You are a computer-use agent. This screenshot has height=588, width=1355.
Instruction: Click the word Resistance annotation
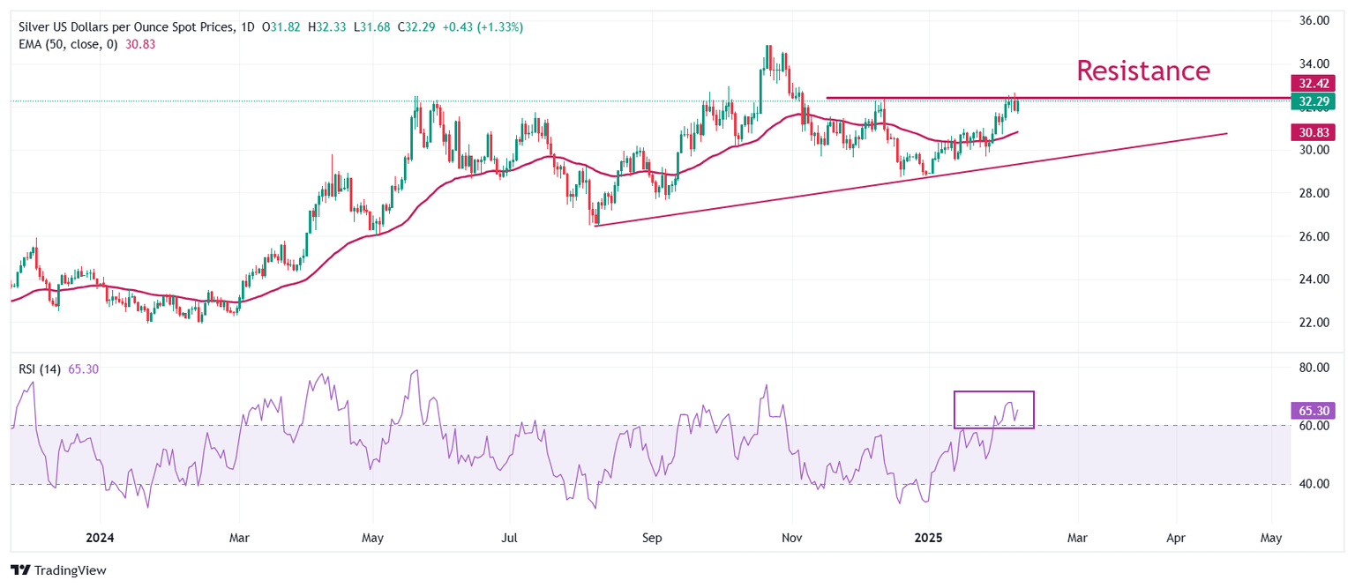pos(1143,71)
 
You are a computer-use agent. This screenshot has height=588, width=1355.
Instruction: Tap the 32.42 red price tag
pos(1312,84)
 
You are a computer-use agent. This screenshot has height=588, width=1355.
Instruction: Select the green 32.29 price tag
pos(1312,101)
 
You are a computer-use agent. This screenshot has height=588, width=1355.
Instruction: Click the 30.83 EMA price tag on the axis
pos(1312,132)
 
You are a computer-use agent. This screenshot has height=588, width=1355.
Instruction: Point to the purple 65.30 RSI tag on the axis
pos(1312,410)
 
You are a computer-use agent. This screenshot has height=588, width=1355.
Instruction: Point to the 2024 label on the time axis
pos(101,538)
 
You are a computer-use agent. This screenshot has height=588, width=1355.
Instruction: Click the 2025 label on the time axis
pos(932,538)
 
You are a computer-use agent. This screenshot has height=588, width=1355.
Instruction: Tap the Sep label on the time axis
pos(652,538)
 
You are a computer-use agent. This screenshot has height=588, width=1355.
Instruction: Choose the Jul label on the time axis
pos(509,538)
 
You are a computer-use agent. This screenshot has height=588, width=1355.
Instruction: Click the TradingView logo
pos(58,570)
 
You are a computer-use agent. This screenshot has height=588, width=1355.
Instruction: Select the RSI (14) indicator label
pos(40,369)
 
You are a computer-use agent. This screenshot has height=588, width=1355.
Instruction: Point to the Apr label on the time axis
pos(1175,538)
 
